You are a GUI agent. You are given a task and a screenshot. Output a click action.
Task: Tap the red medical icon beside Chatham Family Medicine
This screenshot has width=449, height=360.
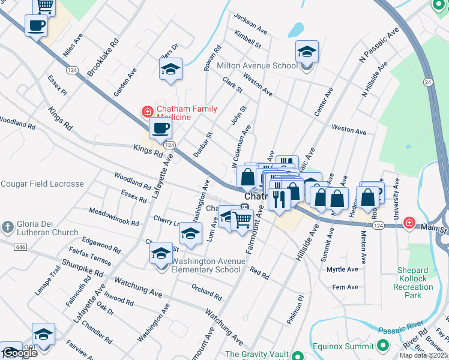(146, 111)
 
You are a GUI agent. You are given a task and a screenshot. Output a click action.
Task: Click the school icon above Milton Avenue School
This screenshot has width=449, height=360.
(307, 52)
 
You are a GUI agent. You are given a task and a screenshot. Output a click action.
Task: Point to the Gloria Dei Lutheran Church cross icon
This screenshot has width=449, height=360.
(7, 227)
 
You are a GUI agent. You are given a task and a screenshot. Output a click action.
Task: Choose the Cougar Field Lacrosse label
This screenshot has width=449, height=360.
(42, 184)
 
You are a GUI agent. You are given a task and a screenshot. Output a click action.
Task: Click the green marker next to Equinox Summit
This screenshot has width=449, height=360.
(383, 346)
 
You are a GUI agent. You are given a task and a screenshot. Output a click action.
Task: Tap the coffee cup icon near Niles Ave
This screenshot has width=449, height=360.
(36, 26)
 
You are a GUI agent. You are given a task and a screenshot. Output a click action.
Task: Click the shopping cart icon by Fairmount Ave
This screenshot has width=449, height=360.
(242, 220)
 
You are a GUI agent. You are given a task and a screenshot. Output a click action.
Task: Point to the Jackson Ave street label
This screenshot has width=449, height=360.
(251, 25)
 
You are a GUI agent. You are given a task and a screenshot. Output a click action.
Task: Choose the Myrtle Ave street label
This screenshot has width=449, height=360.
(342, 269)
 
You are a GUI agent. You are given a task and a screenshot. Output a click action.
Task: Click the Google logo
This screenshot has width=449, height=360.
(19, 353)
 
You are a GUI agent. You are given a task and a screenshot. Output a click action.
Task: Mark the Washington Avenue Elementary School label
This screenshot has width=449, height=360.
(208, 265)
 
